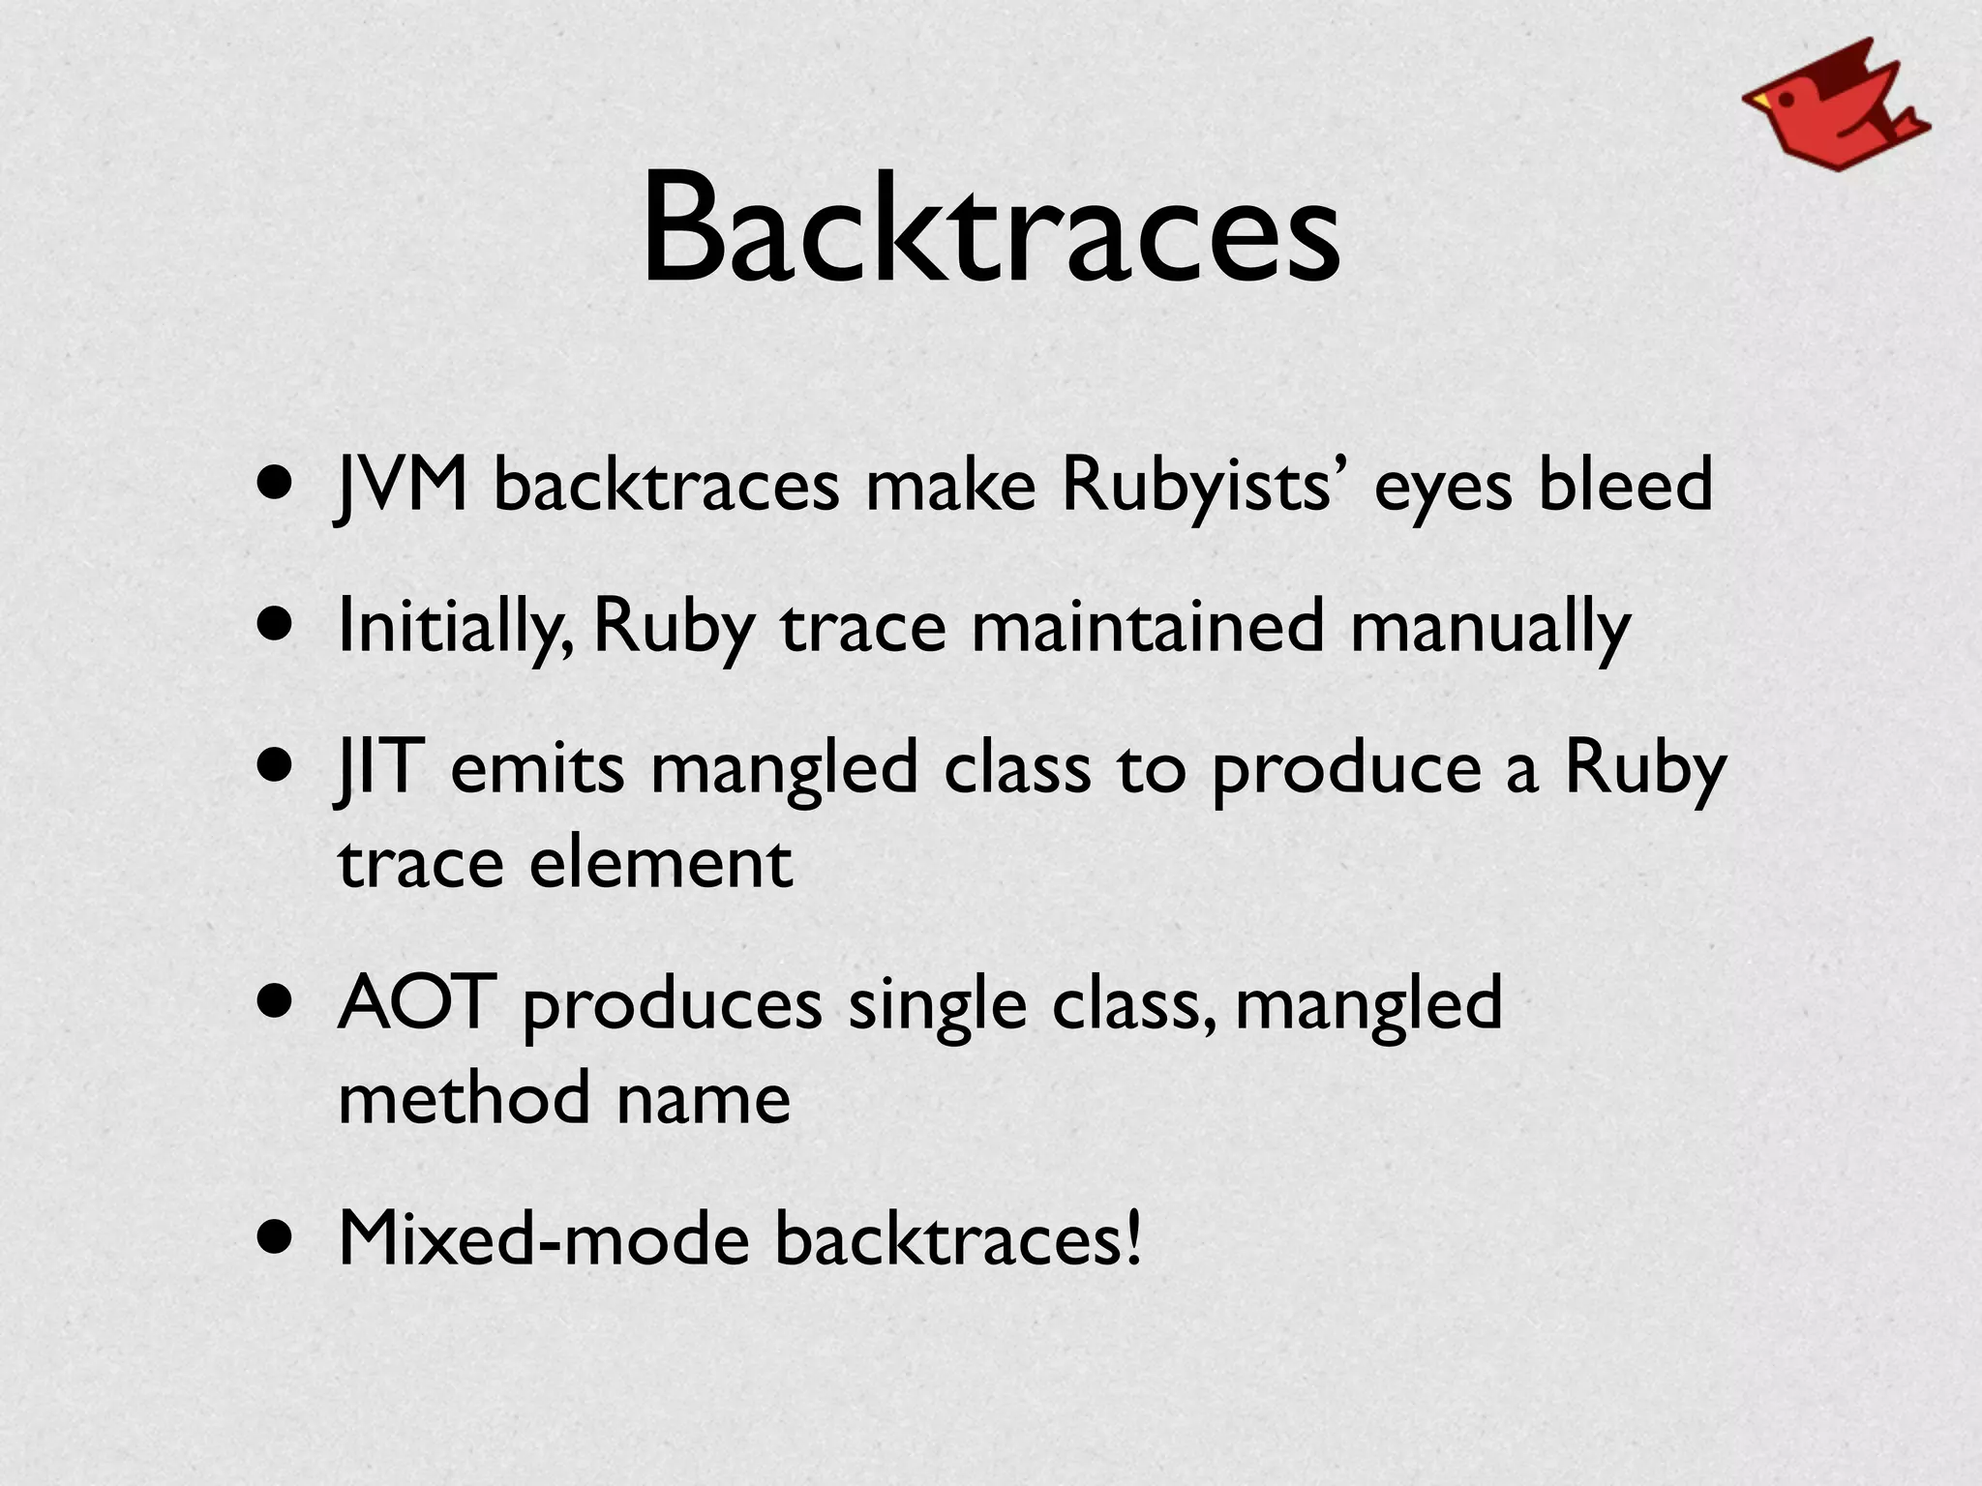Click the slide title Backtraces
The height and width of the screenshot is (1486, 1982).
click(990, 230)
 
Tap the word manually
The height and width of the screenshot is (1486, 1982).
click(1489, 627)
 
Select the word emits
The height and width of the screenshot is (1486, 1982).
click(538, 769)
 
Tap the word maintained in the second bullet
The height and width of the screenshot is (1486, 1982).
click(1147, 627)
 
